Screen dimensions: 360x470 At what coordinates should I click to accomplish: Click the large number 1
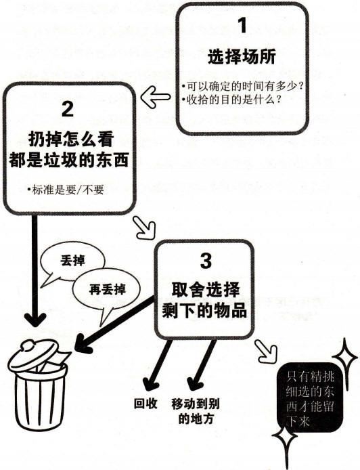(242, 25)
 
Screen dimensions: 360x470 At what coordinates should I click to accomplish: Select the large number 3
(206, 261)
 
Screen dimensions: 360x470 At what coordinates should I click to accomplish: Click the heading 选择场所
(242, 57)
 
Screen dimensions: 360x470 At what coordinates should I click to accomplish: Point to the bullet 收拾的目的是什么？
(231, 100)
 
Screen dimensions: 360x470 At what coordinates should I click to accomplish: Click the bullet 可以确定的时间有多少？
(242, 86)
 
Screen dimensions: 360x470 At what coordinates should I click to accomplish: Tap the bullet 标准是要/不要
(65, 190)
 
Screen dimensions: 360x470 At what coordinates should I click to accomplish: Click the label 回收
(145, 404)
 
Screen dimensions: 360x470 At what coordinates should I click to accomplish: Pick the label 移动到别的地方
(196, 411)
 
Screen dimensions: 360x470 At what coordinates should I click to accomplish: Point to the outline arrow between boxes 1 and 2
(156, 97)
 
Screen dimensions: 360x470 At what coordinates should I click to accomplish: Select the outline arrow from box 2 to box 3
(144, 228)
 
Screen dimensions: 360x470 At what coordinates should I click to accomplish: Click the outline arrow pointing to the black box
(265, 351)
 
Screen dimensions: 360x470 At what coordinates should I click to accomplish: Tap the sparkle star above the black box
(344, 358)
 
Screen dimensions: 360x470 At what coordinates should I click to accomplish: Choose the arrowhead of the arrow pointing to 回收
(151, 385)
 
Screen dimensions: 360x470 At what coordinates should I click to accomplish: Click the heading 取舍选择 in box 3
(206, 289)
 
